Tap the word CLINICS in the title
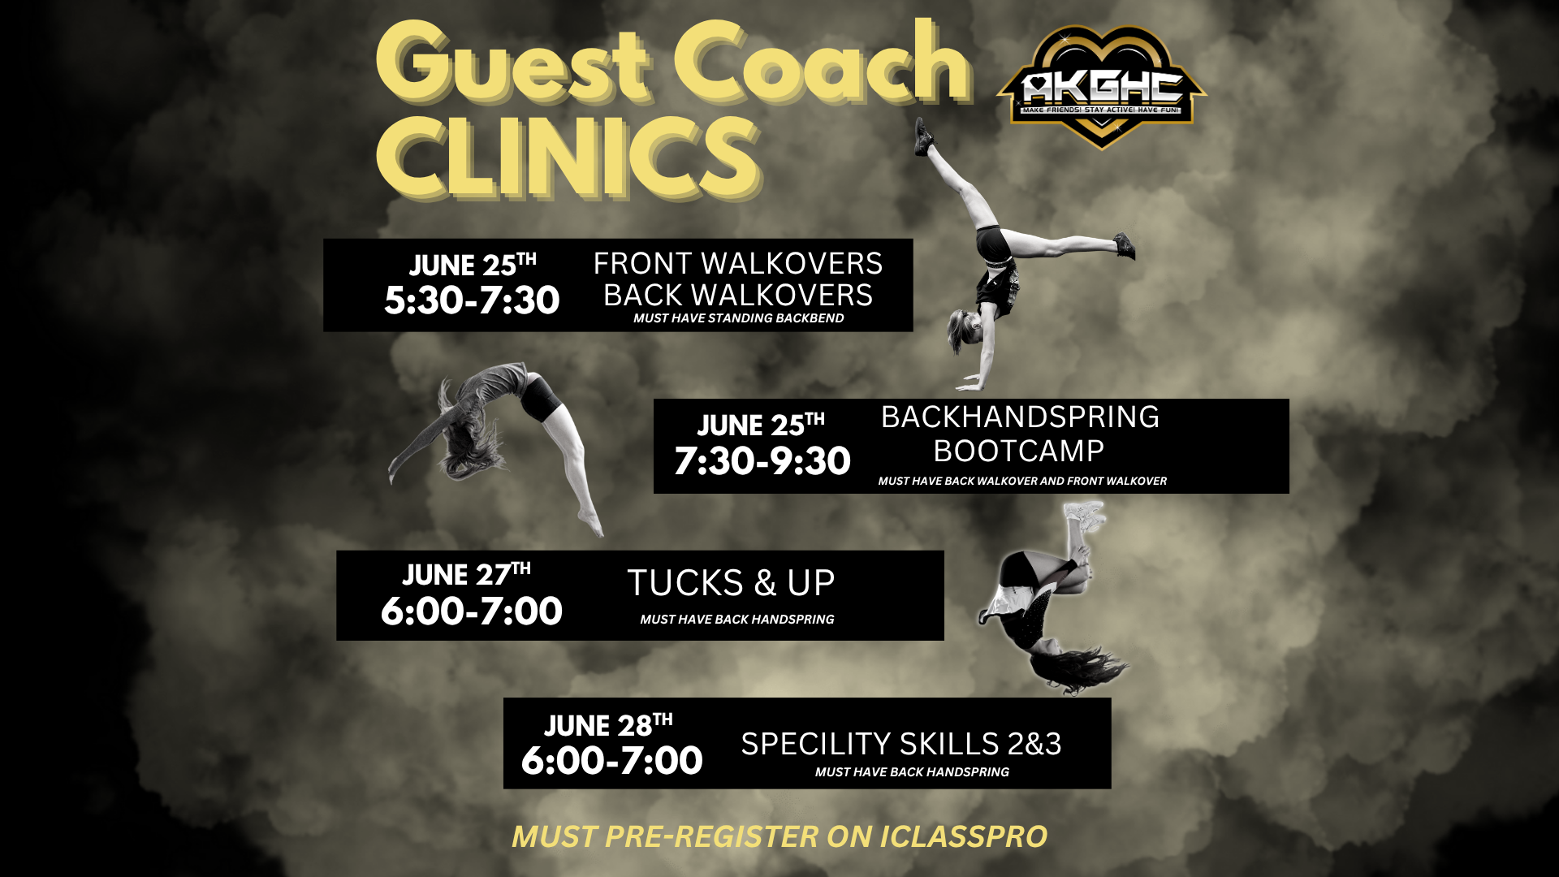coord(568,157)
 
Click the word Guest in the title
coord(513,64)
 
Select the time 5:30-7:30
coord(472,300)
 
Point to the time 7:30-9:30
coord(762,461)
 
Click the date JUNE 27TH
coord(466,573)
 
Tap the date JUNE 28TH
coord(608,724)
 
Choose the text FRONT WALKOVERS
coord(738,264)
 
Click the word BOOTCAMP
coord(1019,451)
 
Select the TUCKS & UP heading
coord(731,583)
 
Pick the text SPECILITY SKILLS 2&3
coord(901,744)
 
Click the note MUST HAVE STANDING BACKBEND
coord(739,318)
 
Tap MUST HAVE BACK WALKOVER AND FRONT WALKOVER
coord(1022,481)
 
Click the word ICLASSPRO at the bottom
coord(964,837)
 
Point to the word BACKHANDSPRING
coord(1020,417)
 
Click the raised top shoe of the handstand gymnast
coord(923,136)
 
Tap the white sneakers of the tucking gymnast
coord(1085,516)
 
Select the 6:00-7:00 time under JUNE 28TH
coord(612,761)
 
